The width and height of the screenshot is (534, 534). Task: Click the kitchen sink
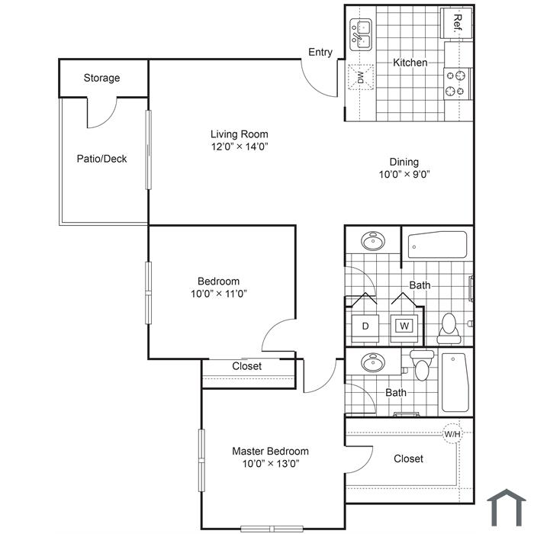point(361,35)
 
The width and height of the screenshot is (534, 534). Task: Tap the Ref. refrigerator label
point(458,23)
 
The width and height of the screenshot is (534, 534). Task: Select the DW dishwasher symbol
point(361,77)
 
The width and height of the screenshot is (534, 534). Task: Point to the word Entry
point(320,53)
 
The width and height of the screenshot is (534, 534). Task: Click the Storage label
point(101,78)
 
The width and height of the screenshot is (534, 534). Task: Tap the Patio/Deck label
point(101,159)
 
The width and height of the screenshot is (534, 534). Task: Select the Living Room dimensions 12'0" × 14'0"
point(240,146)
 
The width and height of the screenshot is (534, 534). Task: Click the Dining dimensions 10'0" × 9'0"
point(404,175)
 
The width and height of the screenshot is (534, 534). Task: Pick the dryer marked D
point(365,328)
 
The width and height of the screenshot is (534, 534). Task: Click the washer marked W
point(404,328)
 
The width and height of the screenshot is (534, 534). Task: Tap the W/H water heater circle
point(452,434)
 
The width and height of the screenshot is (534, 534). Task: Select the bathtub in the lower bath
point(455,382)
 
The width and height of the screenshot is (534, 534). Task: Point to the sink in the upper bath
point(373,241)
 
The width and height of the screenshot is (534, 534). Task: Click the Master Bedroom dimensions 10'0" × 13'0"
point(271,464)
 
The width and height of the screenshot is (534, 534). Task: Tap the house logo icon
point(507,508)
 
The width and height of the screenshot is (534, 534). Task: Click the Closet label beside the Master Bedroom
point(408,458)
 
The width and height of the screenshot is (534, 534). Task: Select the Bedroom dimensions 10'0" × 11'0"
point(219,294)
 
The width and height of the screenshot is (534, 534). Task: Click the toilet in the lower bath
point(422,365)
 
